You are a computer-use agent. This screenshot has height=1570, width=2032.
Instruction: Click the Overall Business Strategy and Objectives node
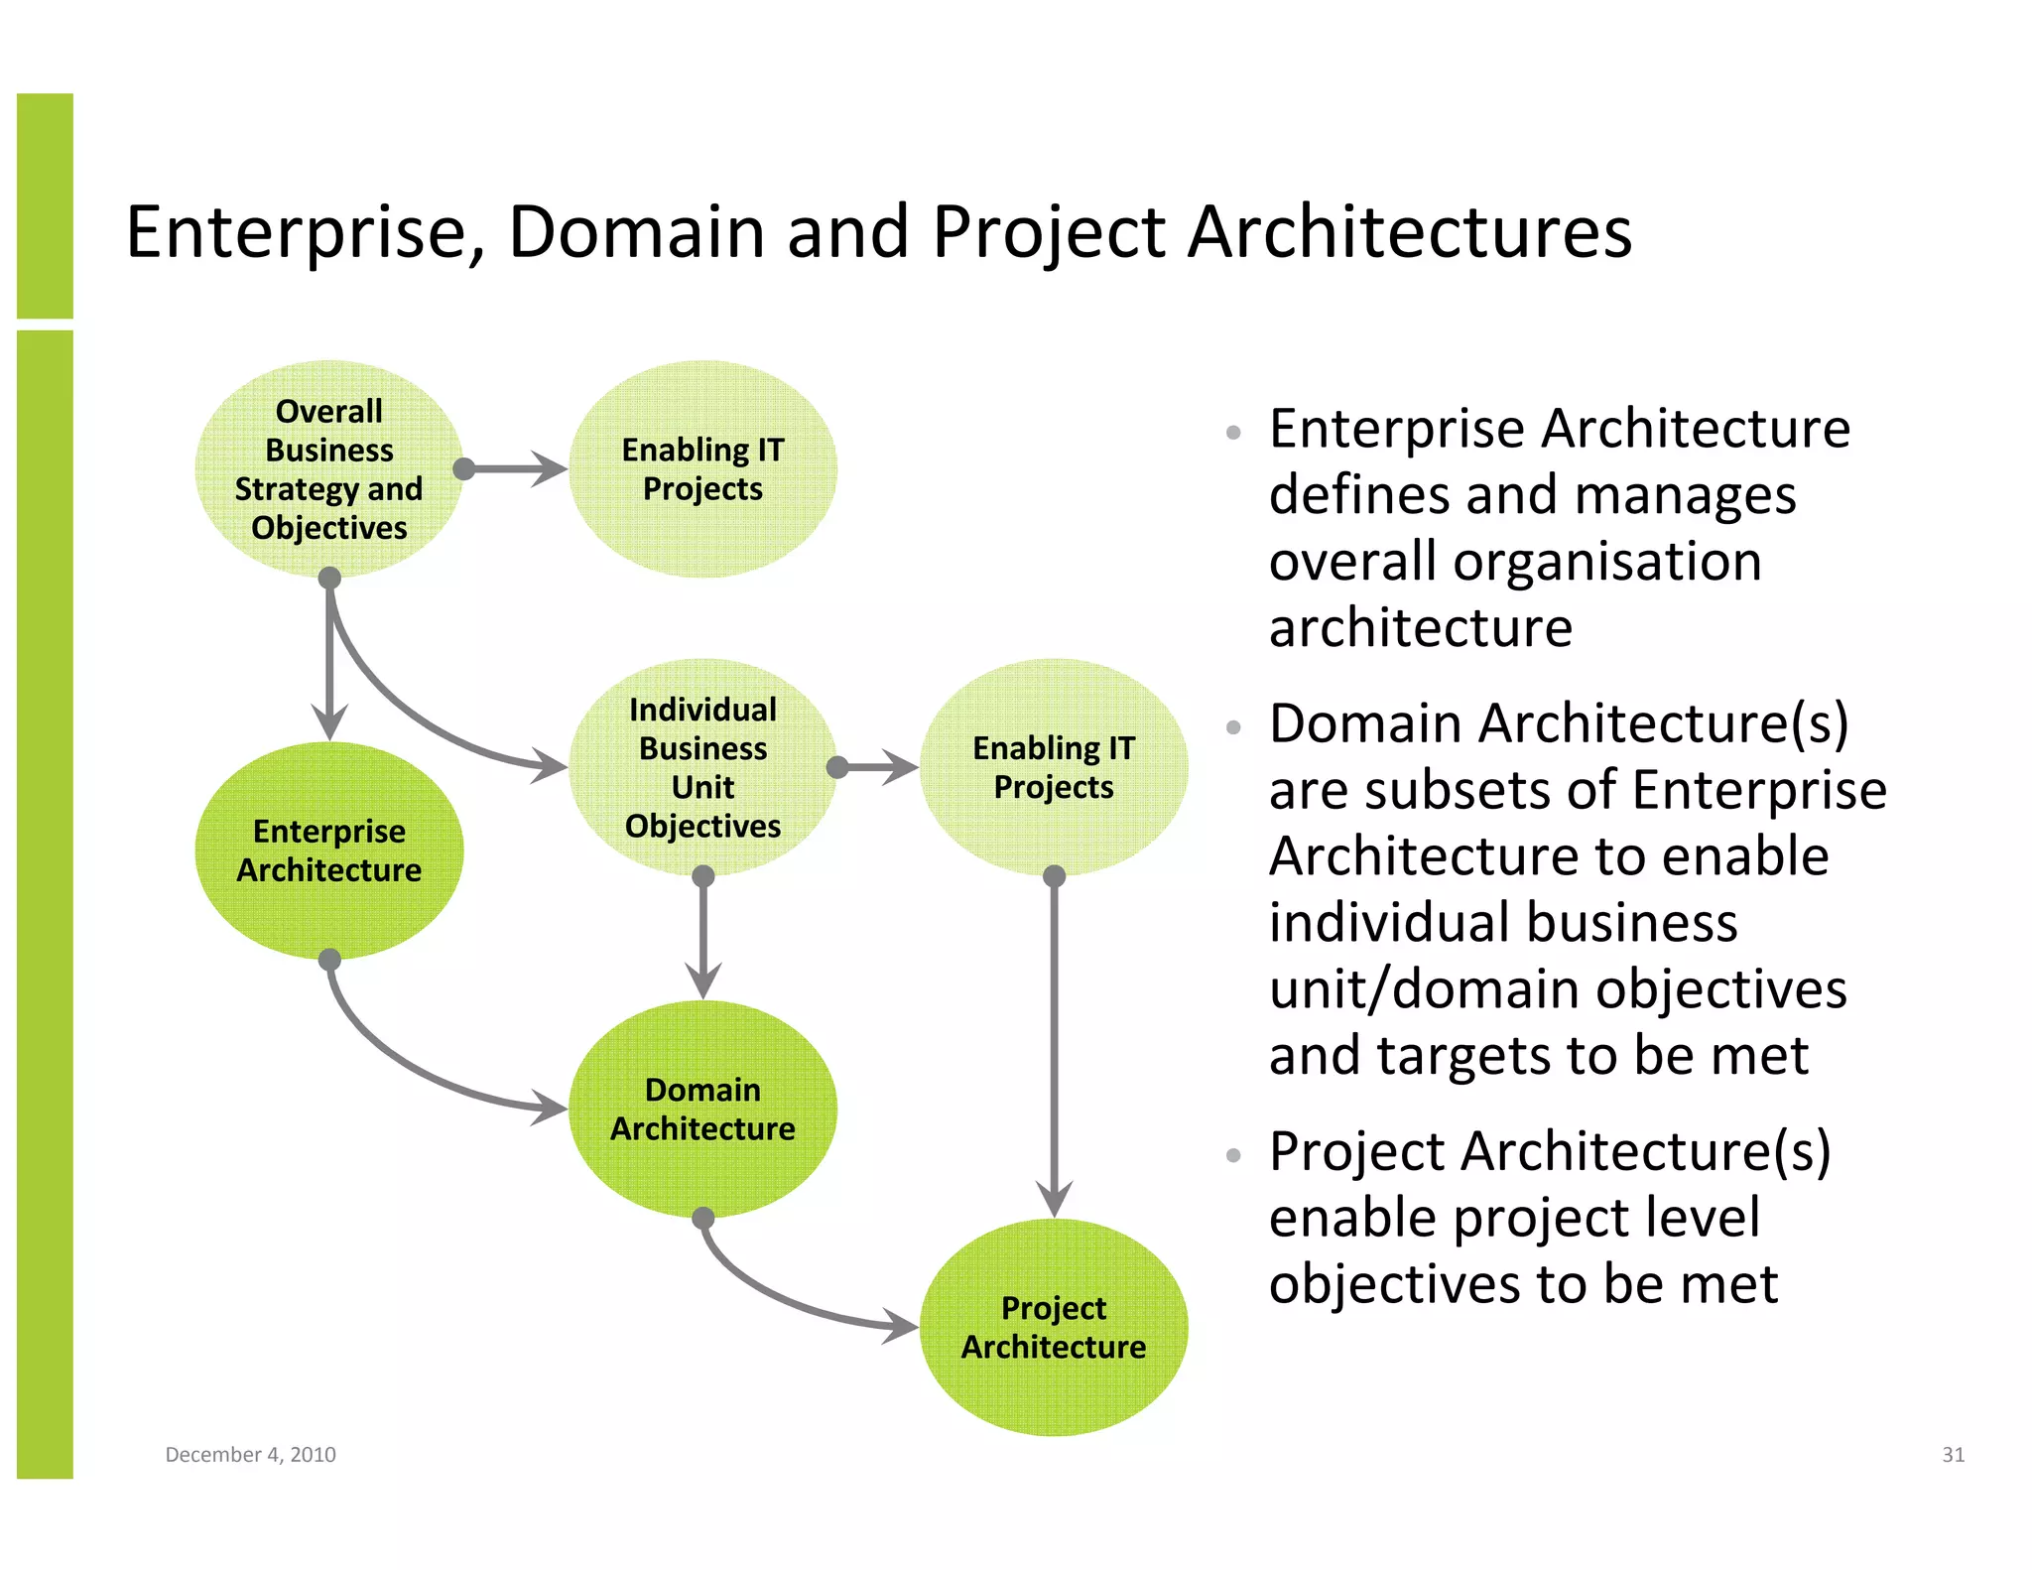(x=328, y=468)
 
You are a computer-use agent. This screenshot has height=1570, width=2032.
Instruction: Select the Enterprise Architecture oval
(x=328, y=850)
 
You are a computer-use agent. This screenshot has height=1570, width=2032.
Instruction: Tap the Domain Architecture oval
(x=702, y=1109)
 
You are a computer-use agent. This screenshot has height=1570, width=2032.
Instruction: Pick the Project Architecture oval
(x=1053, y=1327)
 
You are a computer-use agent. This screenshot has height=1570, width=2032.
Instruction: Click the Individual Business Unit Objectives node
(x=702, y=767)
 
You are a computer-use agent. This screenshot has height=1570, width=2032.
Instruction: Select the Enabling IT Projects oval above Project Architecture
(x=1053, y=767)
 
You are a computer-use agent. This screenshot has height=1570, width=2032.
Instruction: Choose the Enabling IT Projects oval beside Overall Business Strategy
(x=702, y=468)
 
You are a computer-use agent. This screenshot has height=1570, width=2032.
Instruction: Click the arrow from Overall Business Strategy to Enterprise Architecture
(x=329, y=665)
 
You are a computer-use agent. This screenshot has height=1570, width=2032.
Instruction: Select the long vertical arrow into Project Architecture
(x=1054, y=1042)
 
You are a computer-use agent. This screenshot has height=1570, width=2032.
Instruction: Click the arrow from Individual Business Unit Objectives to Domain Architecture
(x=702, y=938)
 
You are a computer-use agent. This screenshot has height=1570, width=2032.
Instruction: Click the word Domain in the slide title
(x=636, y=232)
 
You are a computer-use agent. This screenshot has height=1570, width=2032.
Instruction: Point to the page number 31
(x=1953, y=1455)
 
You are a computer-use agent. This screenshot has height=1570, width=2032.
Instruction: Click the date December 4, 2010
(x=250, y=1455)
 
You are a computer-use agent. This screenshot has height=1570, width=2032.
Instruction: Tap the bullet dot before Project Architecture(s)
(x=1233, y=1155)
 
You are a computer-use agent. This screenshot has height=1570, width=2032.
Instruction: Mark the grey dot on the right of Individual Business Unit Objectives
(x=837, y=767)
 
